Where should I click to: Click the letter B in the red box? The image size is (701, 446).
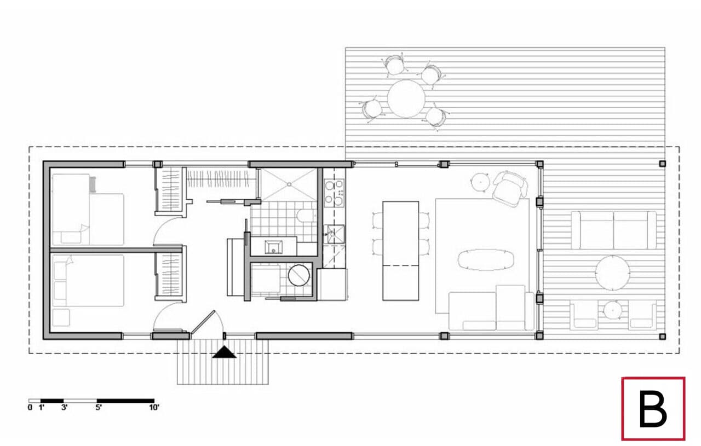click(653, 409)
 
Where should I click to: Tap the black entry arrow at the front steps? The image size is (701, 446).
click(224, 353)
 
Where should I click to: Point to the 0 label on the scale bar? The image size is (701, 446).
click(30, 407)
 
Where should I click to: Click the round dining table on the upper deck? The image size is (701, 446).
click(406, 99)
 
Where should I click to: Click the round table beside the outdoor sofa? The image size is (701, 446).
click(613, 273)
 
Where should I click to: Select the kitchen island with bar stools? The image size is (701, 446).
click(400, 250)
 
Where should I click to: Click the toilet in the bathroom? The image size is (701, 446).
click(306, 216)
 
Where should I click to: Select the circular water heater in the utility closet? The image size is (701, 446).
click(299, 275)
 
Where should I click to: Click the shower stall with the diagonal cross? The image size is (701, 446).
click(288, 184)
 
